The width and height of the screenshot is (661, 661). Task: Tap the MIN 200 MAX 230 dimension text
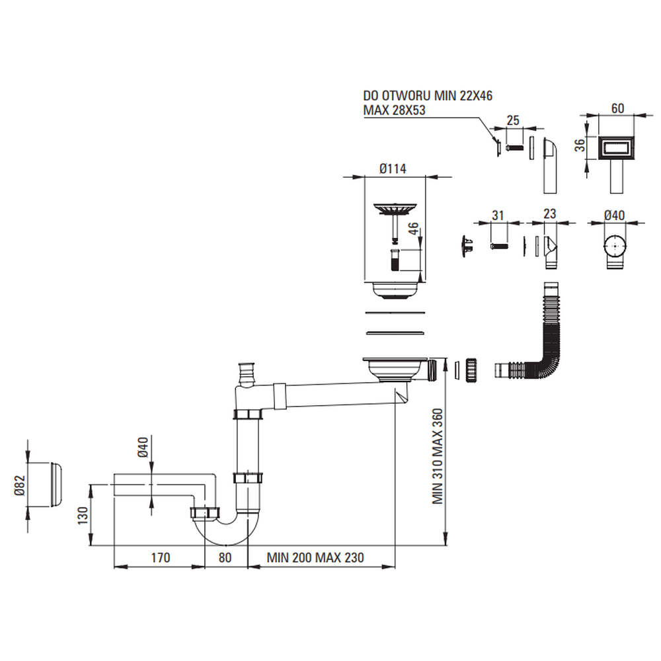coord(315,558)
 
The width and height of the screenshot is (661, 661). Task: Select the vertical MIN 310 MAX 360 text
coord(438,456)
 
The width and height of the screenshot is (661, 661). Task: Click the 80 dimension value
coord(225,558)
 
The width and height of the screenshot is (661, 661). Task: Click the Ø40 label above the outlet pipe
coord(141,452)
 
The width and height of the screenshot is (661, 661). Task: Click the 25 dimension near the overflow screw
coord(512,120)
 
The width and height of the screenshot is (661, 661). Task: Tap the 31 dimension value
coord(498,215)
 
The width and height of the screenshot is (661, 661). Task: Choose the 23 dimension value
coord(549,214)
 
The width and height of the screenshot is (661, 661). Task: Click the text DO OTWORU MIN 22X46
coord(428,96)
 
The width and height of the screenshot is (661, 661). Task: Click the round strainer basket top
coord(394,210)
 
